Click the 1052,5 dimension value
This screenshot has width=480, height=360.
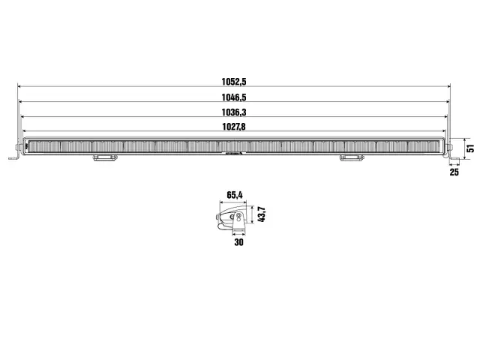[235, 80]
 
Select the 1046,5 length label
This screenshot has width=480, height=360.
[235, 97]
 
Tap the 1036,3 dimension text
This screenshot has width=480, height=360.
[235, 112]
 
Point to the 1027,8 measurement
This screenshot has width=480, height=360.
[235, 128]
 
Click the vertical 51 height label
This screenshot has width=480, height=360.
[470, 146]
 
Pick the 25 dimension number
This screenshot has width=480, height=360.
[454, 172]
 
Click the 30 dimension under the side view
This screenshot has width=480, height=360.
[238, 241]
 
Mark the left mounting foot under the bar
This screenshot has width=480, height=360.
[104, 157]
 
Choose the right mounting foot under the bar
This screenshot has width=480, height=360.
[350, 157]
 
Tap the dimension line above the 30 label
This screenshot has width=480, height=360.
[238, 233]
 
